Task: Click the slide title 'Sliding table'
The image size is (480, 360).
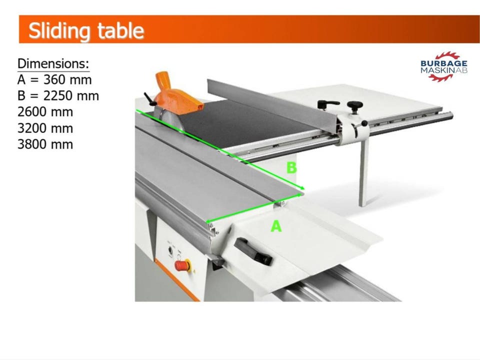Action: (x=86, y=30)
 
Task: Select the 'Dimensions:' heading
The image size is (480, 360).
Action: (x=53, y=63)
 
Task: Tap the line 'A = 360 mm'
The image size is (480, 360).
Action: (x=54, y=79)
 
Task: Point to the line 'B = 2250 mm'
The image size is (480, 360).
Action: (x=58, y=96)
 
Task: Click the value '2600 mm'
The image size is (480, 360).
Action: (x=45, y=112)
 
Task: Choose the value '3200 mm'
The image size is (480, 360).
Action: (x=45, y=128)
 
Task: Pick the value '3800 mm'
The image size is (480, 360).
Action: (x=45, y=144)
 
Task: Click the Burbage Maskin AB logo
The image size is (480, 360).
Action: (x=444, y=66)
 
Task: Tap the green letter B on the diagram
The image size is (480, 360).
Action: (x=291, y=168)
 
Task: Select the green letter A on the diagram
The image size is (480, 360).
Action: (x=276, y=226)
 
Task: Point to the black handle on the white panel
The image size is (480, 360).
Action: (x=253, y=251)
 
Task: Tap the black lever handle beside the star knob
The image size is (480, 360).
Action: (x=328, y=104)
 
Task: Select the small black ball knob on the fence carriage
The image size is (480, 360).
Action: (x=364, y=123)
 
